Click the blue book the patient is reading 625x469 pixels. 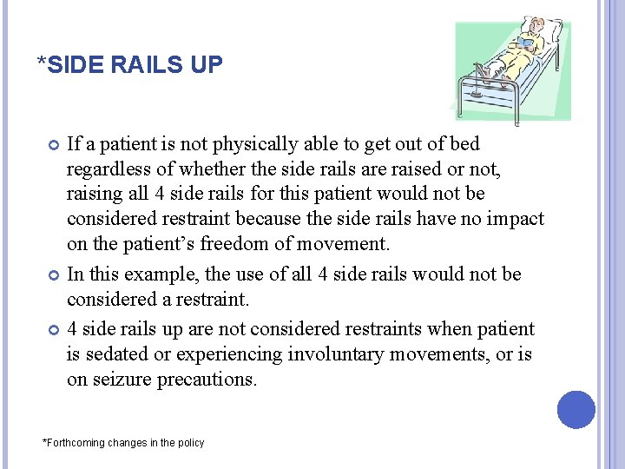tap(527, 40)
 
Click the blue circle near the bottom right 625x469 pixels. tap(576, 409)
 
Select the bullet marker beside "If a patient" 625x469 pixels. tap(53, 144)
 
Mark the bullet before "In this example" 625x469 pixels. tap(53, 275)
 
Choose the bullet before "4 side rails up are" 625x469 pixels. tap(53, 330)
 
